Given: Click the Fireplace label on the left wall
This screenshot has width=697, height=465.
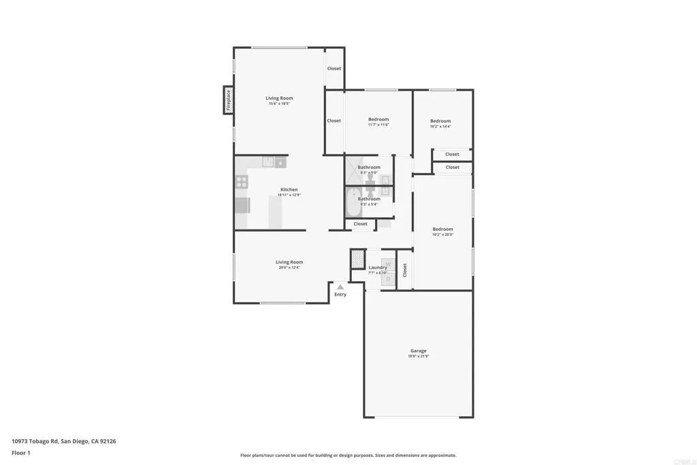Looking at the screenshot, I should [x=229, y=100].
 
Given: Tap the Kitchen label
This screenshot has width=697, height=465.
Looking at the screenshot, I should [x=289, y=189].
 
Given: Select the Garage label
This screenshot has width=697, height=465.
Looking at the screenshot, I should [x=418, y=351].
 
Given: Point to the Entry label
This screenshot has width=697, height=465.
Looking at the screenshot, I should [x=340, y=294].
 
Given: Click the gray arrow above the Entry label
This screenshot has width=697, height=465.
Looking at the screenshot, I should [x=340, y=287].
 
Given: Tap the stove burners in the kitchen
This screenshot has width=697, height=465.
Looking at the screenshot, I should [x=242, y=182].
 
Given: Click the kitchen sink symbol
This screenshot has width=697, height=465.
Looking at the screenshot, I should [x=269, y=161].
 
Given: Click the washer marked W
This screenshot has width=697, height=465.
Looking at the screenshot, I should [x=388, y=263].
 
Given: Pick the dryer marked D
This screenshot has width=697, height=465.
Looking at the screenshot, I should [x=388, y=278].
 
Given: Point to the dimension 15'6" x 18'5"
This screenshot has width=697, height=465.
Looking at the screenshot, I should [x=279, y=104].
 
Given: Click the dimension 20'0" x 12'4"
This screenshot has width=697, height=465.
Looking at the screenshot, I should [x=289, y=268].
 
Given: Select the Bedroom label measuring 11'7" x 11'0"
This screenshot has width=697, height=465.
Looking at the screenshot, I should [x=378, y=119].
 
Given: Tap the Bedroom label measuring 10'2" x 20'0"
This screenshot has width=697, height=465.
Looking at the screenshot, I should [x=442, y=229].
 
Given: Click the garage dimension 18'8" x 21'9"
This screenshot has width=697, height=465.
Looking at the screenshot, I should [x=418, y=357].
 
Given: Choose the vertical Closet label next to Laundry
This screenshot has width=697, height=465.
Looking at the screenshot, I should [x=405, y=270].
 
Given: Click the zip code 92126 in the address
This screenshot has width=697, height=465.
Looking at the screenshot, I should [x=108, y=441].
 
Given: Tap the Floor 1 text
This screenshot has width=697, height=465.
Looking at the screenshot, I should [x=21, y=453].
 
